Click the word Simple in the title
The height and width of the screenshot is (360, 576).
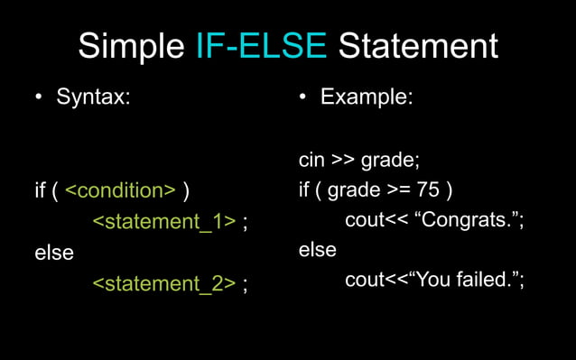pos(132,46)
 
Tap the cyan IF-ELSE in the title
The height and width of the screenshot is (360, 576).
pos(261,46)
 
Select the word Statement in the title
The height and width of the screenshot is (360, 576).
pos(417,46)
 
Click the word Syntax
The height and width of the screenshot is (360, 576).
pos(93,97)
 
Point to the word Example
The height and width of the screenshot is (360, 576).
pos(367,97)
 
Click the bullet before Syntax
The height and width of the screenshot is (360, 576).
pos(39,97)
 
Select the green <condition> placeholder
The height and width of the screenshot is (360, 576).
pos(121,190)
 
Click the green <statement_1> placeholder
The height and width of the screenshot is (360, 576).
pos(164,222)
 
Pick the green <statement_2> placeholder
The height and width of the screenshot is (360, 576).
pos(164,283)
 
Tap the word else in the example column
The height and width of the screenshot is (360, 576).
pos(318,249)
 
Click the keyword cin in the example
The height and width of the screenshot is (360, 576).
pos(312,161)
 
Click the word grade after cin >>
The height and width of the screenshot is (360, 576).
pos(388,162)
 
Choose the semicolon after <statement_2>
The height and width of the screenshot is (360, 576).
pos(246,285)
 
